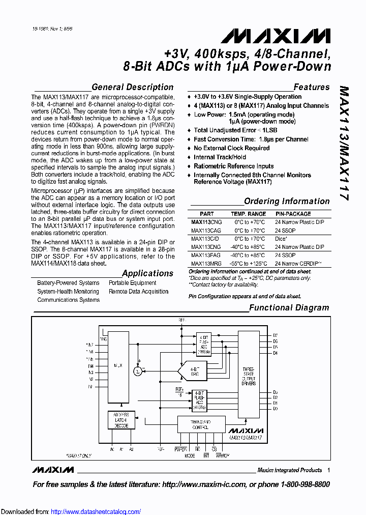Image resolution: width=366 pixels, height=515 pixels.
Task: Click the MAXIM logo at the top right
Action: (x=276, y=35)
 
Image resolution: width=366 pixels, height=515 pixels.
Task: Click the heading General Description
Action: (x=133, y=87)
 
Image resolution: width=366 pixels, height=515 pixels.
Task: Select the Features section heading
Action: (x=312, y=87)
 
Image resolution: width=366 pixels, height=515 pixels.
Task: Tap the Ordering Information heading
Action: (x=287, y=202)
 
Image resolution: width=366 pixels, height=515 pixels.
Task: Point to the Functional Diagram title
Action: (x=289, y=307)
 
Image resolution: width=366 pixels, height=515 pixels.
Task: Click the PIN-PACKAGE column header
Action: (x=293, y=214)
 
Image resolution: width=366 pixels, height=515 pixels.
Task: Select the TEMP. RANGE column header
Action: (x=249, y=214)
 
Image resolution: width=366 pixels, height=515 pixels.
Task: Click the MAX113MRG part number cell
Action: (x=206, y=264)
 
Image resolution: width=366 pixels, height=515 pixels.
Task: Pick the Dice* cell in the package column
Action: (x=282, y=239)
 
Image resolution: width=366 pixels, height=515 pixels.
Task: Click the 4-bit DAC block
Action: (x=194, y=372)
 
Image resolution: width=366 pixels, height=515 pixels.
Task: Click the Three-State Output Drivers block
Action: (x=249, y=376)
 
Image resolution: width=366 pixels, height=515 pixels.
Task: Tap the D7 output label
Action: (x=276, y=335)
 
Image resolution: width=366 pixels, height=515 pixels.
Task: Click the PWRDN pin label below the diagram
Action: (x=180, y=450)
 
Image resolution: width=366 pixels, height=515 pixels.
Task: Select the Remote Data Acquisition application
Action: (x=138, y=292)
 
